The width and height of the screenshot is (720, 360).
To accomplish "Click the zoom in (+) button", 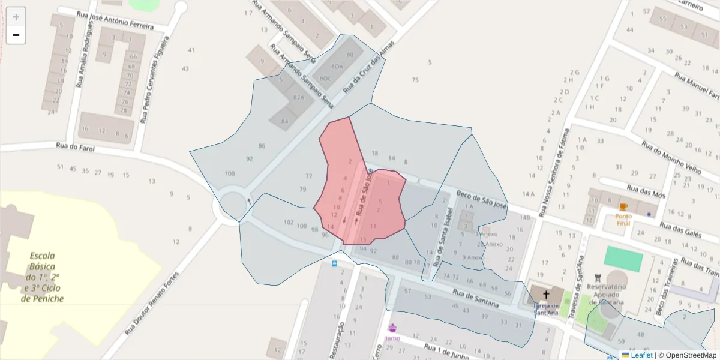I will pyautogui.click(x=16, y=17).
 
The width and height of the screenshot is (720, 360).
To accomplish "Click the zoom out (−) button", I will pyautogui.click(x=16, y=35).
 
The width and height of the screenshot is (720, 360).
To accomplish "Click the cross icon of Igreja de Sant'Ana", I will pyautogui.click(x=546, y=295).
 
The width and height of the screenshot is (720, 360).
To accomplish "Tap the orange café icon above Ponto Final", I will pyautogui.click(x=623, y=207).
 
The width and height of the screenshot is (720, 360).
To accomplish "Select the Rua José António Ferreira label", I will pyautogui.click(x=114, y=20).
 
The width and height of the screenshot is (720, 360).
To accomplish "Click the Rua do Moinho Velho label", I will pyautogui.click(x=671, y=157).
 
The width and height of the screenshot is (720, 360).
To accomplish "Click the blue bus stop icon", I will pyautogui.click(x=334, y=263).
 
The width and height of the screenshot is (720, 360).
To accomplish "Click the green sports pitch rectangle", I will pyautogui.click(x=623, y=258).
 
